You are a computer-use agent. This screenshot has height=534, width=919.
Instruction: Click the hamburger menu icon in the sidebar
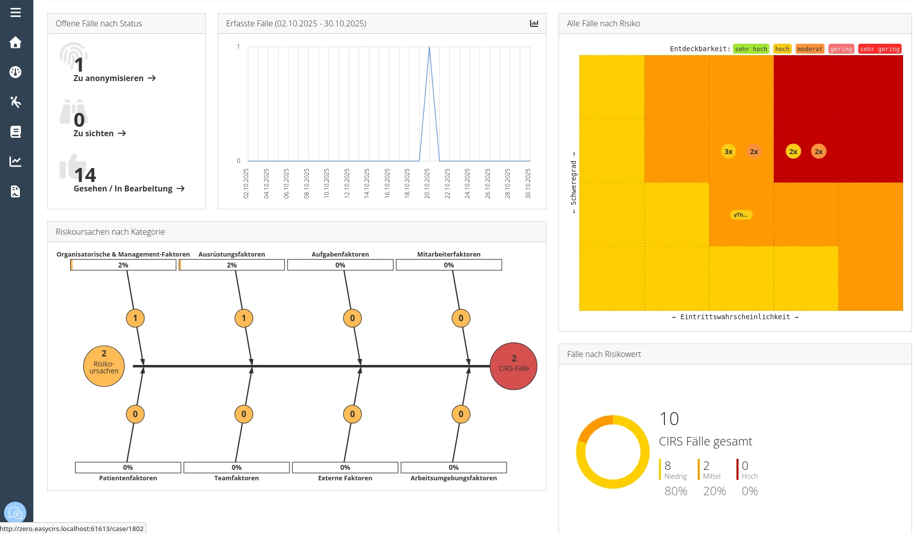tap(15, 12)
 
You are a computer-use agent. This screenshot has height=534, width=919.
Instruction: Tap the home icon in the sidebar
tap(15, 43)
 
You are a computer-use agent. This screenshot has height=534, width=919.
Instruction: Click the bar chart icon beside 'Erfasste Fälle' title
tap(534, 23)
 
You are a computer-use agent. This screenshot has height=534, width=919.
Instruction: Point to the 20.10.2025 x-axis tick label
tap(427, 183)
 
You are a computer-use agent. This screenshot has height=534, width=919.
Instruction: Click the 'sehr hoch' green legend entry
tap(751, 49)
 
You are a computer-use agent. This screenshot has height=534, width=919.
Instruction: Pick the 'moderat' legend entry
tap(810, 49)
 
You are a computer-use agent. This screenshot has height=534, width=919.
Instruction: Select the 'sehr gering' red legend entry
tap(880, 49)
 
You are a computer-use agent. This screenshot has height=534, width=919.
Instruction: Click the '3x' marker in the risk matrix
tap(729, 152)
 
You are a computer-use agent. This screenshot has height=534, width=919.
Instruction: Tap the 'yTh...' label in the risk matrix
tap(740, 215)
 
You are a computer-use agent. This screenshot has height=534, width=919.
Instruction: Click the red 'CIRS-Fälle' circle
tap(514, 366)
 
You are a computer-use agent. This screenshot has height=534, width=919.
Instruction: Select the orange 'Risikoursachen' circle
tap(104, 366)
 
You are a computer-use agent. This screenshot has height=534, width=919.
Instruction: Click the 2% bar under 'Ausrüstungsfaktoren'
tap(232, 265)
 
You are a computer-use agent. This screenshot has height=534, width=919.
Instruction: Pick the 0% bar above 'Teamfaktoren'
tap(236, 467)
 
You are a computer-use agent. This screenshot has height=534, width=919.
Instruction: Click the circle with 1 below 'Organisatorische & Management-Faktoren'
tap(135, 318)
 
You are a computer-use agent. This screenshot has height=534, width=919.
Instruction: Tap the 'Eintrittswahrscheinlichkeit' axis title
tap(735, 317)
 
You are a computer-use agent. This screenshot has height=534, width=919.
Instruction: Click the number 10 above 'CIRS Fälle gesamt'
tap(669, 419)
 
